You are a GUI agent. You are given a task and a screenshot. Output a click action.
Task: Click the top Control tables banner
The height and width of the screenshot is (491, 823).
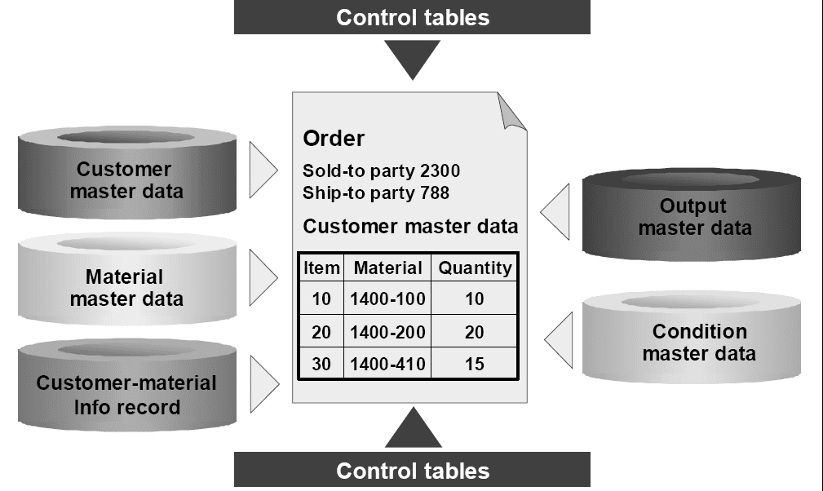[412, 17]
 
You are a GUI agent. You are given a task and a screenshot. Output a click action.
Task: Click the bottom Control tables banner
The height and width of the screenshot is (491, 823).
[412, 471]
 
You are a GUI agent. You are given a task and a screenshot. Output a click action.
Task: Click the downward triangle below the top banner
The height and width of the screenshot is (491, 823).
[412, 58]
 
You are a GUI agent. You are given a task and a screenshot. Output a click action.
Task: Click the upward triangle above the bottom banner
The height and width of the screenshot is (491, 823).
[413, 431]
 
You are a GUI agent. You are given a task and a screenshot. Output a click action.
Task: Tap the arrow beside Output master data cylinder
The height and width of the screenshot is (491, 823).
[557, 212]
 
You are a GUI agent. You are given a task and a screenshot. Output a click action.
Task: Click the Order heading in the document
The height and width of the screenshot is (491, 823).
[334, 139]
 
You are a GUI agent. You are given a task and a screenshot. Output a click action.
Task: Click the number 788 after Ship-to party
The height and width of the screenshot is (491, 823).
[433, 193]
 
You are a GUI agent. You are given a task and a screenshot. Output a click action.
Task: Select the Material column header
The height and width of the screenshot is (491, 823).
[387, 268]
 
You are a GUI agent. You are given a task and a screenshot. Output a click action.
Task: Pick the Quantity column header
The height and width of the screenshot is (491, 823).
[475, 268]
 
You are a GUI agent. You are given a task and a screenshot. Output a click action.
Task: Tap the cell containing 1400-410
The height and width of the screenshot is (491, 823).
[387, 364]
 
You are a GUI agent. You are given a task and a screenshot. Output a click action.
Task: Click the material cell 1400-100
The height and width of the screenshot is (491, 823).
[387, 299]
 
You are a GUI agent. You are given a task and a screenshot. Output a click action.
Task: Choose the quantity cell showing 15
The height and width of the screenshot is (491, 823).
[474, 364]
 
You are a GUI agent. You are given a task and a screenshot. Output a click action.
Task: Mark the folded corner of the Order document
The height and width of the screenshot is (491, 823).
[511, 113]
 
